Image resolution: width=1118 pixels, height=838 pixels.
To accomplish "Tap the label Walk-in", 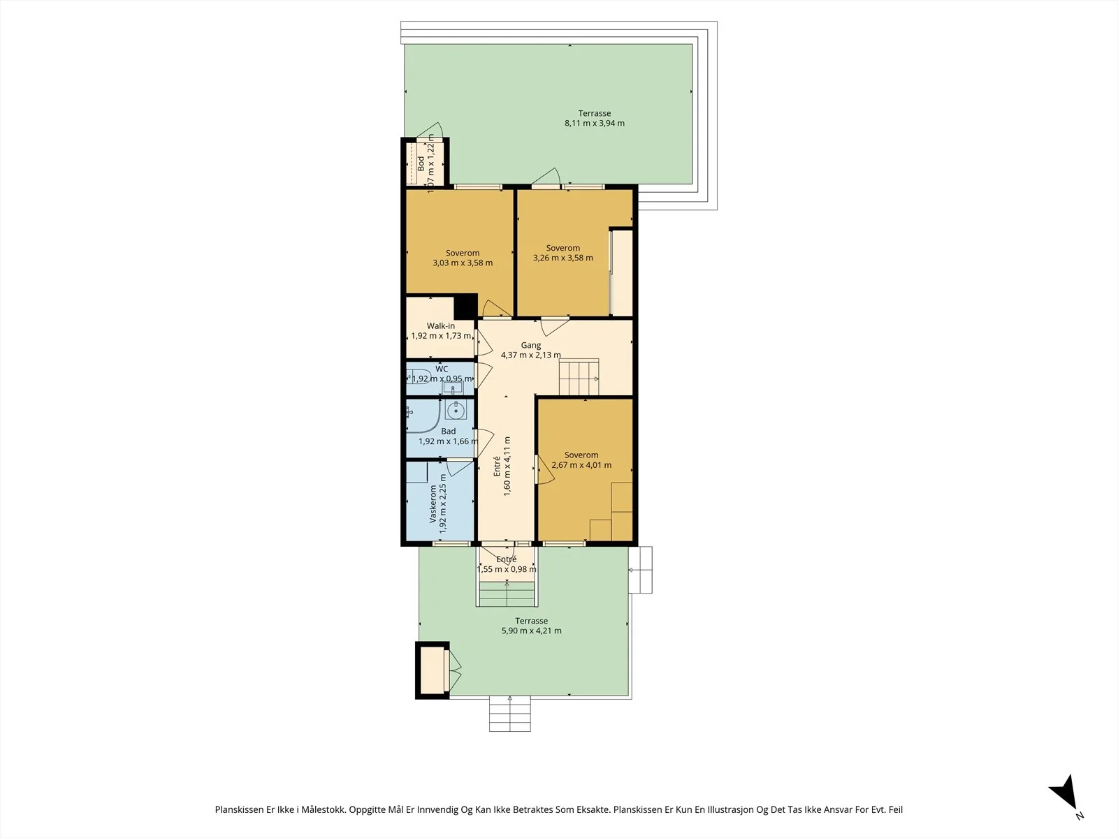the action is coord(441,325).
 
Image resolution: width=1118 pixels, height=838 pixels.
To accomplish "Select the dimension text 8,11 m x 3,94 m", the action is coord(595,123).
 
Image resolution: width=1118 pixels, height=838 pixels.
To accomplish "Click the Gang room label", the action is coord(531,345).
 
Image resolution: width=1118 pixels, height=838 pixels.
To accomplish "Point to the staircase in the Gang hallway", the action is coord(579,377).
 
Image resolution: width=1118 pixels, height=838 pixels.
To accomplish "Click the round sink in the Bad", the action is coord(456,410).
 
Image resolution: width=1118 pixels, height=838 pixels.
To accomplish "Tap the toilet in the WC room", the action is coord(419,376).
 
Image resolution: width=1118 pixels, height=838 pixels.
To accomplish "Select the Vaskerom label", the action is coord(433,503).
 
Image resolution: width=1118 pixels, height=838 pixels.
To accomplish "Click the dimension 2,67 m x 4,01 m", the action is coord(581,465).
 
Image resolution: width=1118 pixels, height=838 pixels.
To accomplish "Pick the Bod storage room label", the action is coord(421,163).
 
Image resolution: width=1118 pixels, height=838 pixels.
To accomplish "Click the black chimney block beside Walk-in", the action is coord(465,306).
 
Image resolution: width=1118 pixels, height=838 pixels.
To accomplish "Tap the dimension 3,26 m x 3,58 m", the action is coord(562,258).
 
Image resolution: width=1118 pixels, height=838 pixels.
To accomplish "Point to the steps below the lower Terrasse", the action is coord(510,714).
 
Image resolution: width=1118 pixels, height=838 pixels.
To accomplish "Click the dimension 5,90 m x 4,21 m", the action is coord(531,631).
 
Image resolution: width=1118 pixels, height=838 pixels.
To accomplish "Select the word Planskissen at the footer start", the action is coord(239,809).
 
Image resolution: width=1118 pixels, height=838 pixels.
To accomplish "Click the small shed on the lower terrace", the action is coord(433,670).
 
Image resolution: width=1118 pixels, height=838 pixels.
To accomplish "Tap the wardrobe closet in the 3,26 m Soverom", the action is coord(621,273).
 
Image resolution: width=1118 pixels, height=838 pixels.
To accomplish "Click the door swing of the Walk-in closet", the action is coord(483,342).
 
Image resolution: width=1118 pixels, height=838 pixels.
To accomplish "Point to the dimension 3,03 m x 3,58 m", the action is coord(463,263).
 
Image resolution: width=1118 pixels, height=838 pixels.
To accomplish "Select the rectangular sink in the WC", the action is coord(452,388).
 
